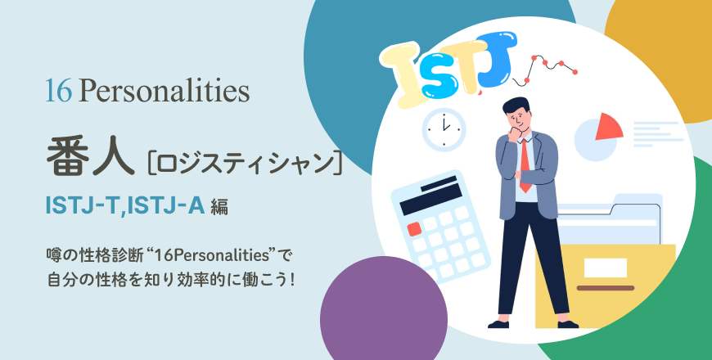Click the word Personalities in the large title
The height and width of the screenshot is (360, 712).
(x=164, y=92)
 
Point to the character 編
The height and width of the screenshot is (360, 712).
(x=219, y=208)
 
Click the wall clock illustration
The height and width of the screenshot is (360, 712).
(x=444, y=129)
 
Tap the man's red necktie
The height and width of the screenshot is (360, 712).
(x=525, y=166)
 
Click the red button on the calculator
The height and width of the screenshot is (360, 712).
(x=414, y=228)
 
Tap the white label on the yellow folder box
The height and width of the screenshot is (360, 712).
(x=606, y=268)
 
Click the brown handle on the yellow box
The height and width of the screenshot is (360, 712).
(x=606, y=288)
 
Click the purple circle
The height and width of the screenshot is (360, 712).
(x=384, y=308)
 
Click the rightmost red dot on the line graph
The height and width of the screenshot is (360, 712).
(x=575, y=72)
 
